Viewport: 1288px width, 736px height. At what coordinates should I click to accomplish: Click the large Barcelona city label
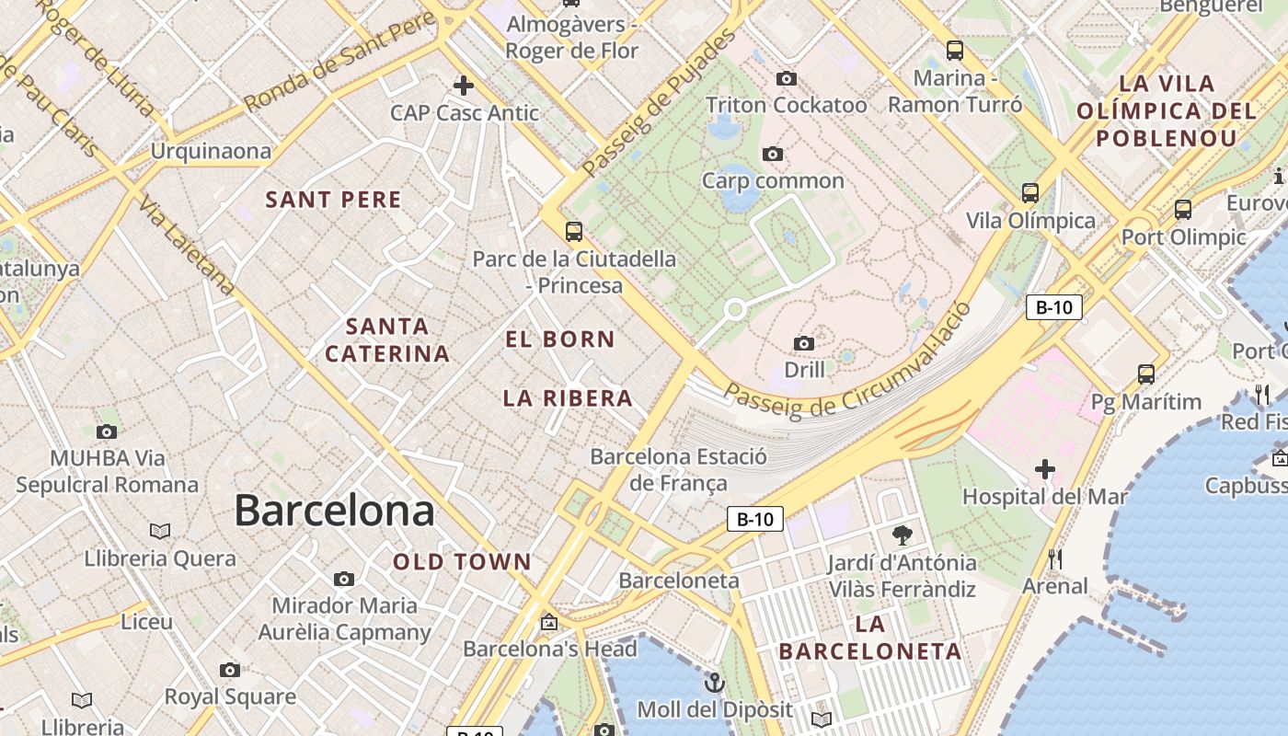point(334,511)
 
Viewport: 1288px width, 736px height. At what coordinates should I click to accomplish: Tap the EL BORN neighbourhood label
point(559,339)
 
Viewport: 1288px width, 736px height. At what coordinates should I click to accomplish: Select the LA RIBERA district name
point(568,398)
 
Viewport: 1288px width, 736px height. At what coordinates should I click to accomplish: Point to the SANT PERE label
point(333,200)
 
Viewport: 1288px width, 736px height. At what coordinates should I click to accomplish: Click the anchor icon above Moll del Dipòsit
point(714,683)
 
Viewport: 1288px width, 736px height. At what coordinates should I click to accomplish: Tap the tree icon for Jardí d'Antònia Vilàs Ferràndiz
point(902,535)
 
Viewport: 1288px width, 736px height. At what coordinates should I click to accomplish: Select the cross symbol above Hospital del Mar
point(1044,469)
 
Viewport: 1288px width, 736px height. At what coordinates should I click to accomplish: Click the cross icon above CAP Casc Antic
point(464,86)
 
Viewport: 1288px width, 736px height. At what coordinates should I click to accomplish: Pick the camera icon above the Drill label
point(804,343)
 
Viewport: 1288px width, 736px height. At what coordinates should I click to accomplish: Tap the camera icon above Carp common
point(773,154)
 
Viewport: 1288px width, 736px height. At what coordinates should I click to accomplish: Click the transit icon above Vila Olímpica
point(1030,193)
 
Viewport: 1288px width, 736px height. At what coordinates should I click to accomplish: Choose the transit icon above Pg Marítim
point(1145,374)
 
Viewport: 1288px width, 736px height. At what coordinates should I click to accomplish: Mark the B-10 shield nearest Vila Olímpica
point(1053,307)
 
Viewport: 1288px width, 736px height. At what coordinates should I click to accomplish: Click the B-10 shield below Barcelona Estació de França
point(755,519)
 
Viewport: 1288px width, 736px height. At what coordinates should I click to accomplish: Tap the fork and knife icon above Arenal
point(1054,559)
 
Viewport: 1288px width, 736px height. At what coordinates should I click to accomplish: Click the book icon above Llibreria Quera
point(160,531)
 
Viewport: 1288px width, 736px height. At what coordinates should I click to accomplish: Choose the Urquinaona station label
point(211,151)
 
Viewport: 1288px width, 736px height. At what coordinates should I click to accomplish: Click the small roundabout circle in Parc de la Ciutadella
point(734,310)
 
